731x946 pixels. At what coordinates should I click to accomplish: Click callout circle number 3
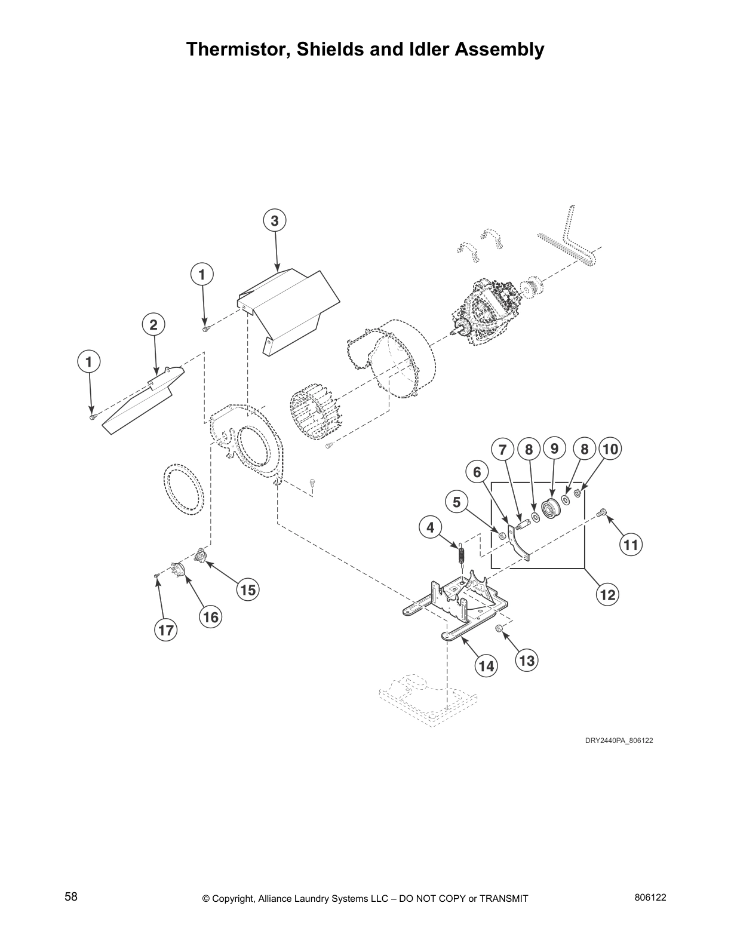point(275,221)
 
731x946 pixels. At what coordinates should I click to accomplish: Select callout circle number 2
point(153,325)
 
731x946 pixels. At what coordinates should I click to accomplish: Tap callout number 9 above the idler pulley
point(554,448)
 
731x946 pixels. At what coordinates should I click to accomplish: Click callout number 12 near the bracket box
point(607,594)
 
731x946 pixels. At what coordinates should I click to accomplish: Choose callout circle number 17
point(165,629)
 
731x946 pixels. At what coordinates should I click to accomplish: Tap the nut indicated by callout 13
point(498,628)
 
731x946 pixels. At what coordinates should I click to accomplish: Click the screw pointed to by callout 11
point(602,512)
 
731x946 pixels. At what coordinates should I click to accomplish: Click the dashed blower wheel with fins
point(317,411)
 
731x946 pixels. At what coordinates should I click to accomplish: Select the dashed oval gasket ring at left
point(184,488)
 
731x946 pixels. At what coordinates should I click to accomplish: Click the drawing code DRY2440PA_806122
point(619,741)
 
